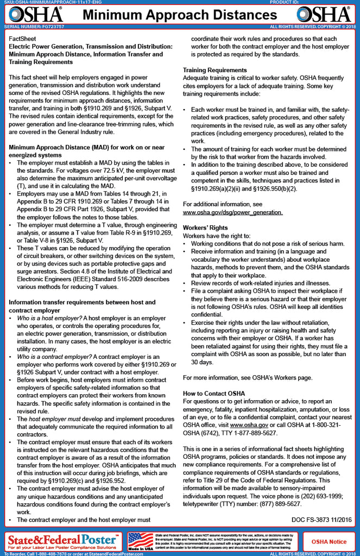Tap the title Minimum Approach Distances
(x=179, y=15)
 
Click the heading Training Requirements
(x=214, y=70)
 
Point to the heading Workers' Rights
(x=205, y=228)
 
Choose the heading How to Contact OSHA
(x=213, y=393)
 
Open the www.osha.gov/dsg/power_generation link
(x=232, y=212)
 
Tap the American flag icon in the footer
(x=140, y=540)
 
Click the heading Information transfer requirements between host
(x=82, y=302)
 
